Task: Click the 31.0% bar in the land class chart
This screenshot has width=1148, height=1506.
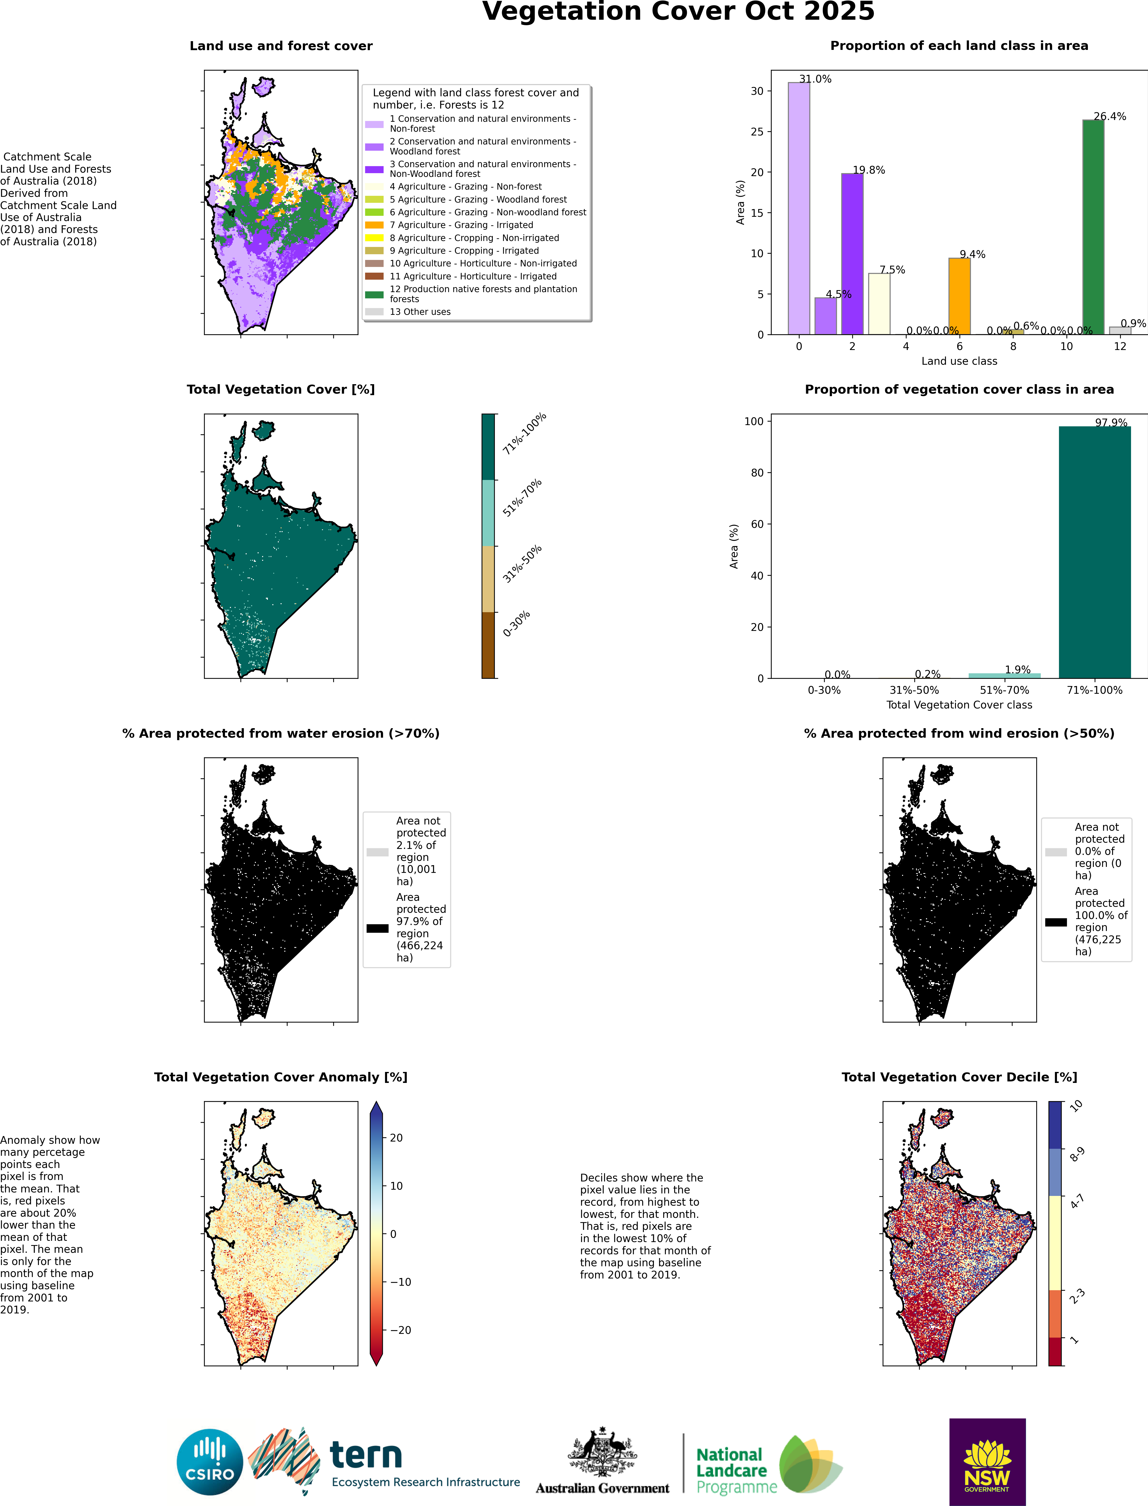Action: point(799,208)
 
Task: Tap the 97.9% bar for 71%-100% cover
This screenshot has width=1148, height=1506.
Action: point(1094,552)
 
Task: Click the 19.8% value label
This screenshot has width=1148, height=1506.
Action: point(868,170)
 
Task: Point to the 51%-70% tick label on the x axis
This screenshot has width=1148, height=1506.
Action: point(1004,690)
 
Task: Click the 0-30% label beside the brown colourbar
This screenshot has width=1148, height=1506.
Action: point(516,624)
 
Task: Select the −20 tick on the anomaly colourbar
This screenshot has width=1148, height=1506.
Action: point(401,1330)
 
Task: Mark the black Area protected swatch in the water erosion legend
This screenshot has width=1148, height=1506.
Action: point(377,928)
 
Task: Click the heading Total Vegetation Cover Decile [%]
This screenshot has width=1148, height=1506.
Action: point(959,1077)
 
